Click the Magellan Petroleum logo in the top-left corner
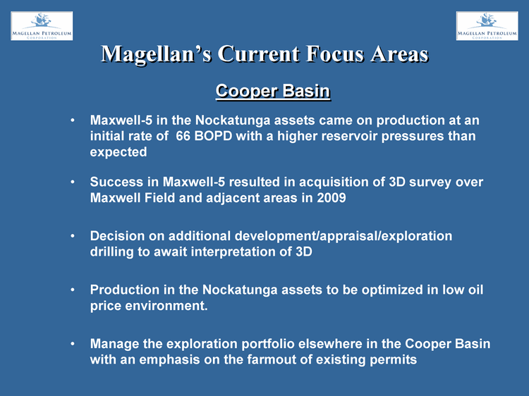tap(42, 26)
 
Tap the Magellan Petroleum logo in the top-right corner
tap(487, 26)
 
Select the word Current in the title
tap(259, 54)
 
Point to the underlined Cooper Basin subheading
tap(273, 91)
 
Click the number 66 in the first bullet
tap(183, 136)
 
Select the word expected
tap(118, 152)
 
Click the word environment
tap(166, 306)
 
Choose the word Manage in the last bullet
tap(114, 344)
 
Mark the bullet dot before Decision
tap(73, 236)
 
